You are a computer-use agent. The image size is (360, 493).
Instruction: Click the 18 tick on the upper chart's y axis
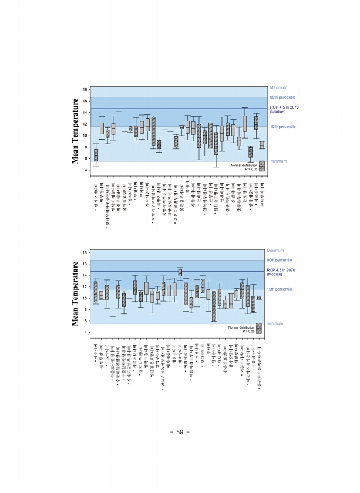[x=85, y=89]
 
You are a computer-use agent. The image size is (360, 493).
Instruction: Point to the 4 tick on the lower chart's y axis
[x=86, y=333]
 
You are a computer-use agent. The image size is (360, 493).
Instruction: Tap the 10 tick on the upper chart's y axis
[x=85, y=136]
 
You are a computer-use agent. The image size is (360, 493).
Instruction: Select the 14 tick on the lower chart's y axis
[x=85, y=276]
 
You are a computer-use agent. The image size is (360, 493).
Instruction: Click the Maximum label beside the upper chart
[x=278, y=87]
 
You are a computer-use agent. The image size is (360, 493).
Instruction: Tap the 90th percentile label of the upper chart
[x=282, y=97]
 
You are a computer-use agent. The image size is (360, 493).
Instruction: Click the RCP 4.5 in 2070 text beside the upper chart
[x=285, y=107]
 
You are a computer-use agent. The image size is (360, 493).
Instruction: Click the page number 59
[x=180, y=433]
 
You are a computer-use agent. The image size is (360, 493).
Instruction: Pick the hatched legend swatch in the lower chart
[x=262, y=328]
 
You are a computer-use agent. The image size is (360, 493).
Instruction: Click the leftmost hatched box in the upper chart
[x=96, y=155]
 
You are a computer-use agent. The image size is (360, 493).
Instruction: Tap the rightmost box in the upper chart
[x=263, y=145]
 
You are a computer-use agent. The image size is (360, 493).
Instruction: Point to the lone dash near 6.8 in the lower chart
[x=112, y=316]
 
